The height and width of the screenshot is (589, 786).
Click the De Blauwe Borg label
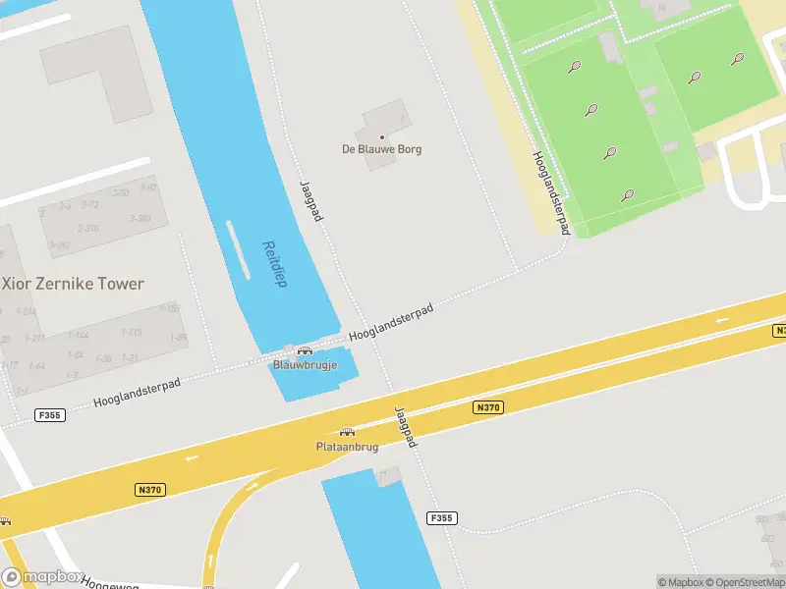(x=381, y=149)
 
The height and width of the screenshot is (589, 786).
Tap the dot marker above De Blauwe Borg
(x=381, y=137)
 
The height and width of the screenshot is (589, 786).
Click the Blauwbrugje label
(x=305, y=364)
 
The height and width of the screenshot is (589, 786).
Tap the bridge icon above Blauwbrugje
(x=305, y=350)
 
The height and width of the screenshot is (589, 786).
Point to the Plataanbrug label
(x=347, y=447)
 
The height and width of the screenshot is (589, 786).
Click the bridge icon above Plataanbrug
(x=347, y=432)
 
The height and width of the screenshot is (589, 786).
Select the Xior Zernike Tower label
(x=74, y=284)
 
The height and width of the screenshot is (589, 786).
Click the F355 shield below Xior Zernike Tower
(x=48, y=415)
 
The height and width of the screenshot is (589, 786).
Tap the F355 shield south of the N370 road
(x=443, y=517)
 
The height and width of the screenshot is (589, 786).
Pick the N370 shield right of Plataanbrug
(x=487, y=406)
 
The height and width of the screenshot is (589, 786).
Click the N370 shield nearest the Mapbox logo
(x=149, y=489)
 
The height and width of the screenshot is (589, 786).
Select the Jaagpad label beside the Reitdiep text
(x=310, y=200)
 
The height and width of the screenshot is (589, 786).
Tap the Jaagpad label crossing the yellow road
(x=406, y=427)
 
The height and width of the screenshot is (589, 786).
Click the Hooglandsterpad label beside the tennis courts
(x=551, y=192)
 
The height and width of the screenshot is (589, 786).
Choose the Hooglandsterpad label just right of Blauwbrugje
(x=391, y=322)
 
